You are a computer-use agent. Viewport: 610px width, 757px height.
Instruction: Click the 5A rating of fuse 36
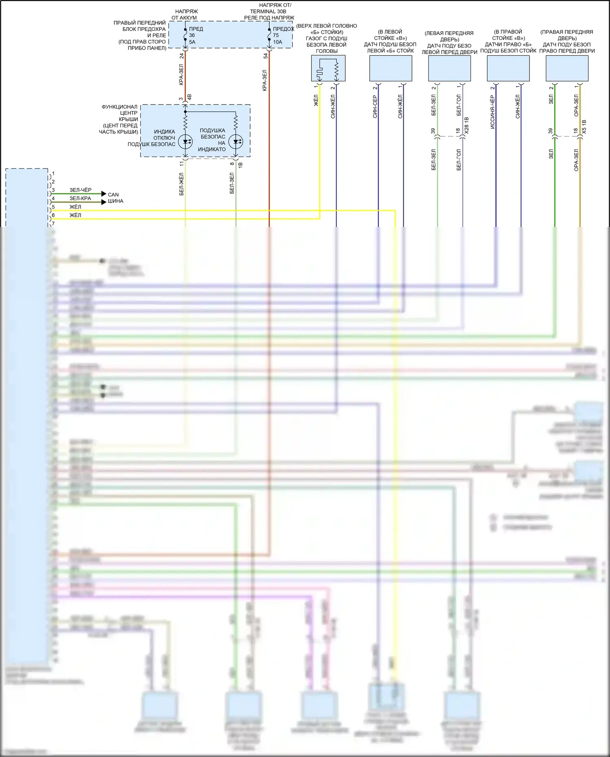tap(192, 42)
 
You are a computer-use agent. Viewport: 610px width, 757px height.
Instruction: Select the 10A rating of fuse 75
tap(277, 42)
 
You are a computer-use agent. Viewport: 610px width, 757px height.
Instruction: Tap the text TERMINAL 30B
tap(268, 11)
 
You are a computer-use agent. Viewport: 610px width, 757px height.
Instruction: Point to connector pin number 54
tap(265, 56)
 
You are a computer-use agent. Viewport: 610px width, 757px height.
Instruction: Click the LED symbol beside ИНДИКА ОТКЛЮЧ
tap(185, 142)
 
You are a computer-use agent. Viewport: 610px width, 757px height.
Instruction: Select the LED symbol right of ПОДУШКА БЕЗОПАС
tap(236, 142)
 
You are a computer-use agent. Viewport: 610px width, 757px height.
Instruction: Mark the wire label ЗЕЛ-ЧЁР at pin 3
tap(81, 190)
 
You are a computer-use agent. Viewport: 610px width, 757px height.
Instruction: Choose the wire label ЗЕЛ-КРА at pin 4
tap(80, 199)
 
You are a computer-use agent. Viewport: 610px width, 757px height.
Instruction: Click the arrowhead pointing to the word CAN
tap(104, 194)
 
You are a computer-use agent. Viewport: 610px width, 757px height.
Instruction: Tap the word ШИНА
tap(115, 201)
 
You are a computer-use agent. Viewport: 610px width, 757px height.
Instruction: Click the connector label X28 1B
tap(466, 126)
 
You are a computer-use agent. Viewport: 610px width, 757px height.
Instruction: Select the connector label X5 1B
tap(584, 127)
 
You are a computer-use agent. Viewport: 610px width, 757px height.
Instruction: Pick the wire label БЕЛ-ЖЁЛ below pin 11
tap(181, 184)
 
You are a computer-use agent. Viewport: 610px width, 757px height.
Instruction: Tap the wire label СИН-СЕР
tap(375, 107)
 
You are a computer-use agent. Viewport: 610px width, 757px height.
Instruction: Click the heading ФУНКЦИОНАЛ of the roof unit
tap(120, 107)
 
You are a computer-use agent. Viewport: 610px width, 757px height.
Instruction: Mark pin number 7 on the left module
tap(53, 224)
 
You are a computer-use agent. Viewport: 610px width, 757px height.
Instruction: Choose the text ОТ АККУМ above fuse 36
tap(184, 17)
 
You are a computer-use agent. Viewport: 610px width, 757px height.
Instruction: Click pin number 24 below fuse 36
tap(181, 56)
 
